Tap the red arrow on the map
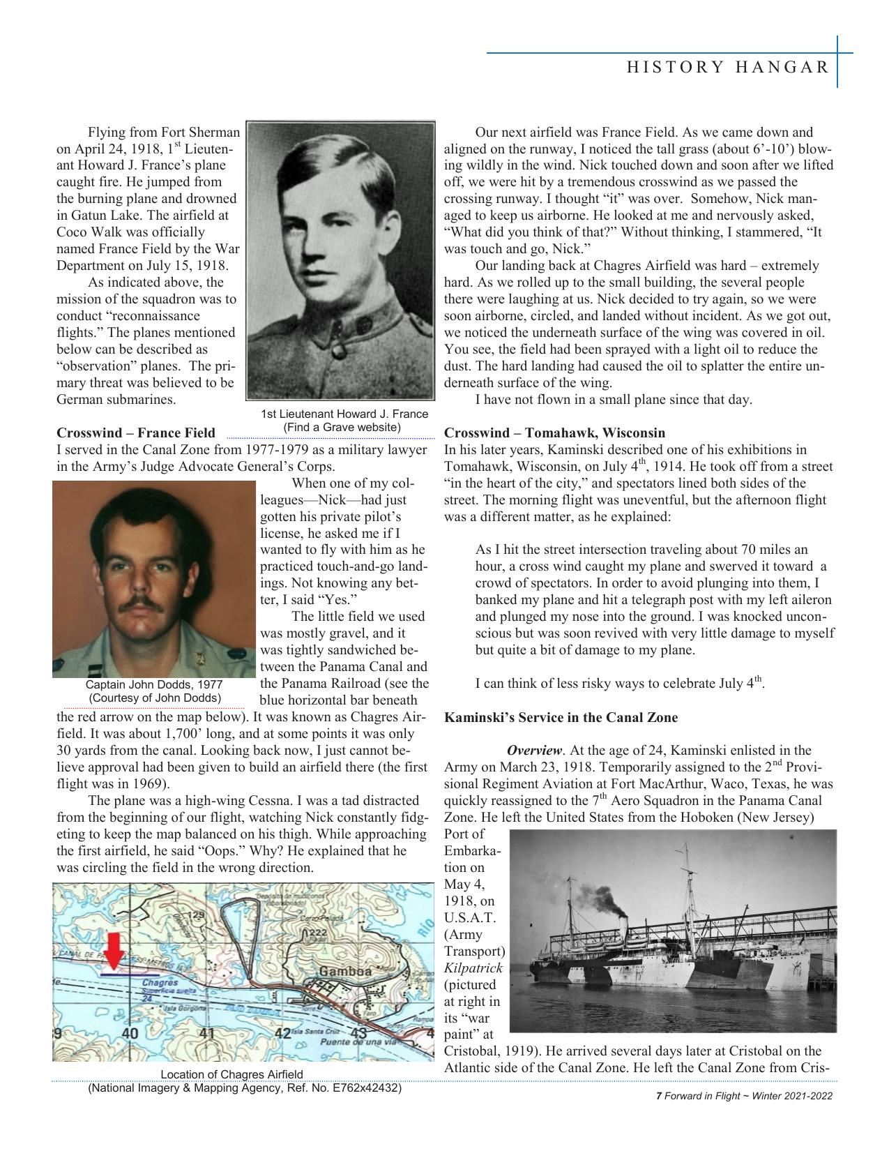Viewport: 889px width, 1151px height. click(116, 947)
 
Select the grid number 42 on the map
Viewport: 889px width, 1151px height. click(282, 1033)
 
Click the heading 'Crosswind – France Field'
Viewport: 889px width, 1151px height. click(135, 433)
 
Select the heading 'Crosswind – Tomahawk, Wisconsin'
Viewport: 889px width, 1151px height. click(554, 433)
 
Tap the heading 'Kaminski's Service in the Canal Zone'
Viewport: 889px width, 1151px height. click(561, 717)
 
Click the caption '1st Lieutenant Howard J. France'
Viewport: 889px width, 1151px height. click(344, 414)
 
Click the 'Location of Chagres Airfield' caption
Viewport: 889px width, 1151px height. click(231, 1074)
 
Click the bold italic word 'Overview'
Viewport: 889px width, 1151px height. click(534, 751)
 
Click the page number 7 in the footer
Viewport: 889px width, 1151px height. click(659, 1096)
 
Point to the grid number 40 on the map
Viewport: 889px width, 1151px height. click(130, 1033)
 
